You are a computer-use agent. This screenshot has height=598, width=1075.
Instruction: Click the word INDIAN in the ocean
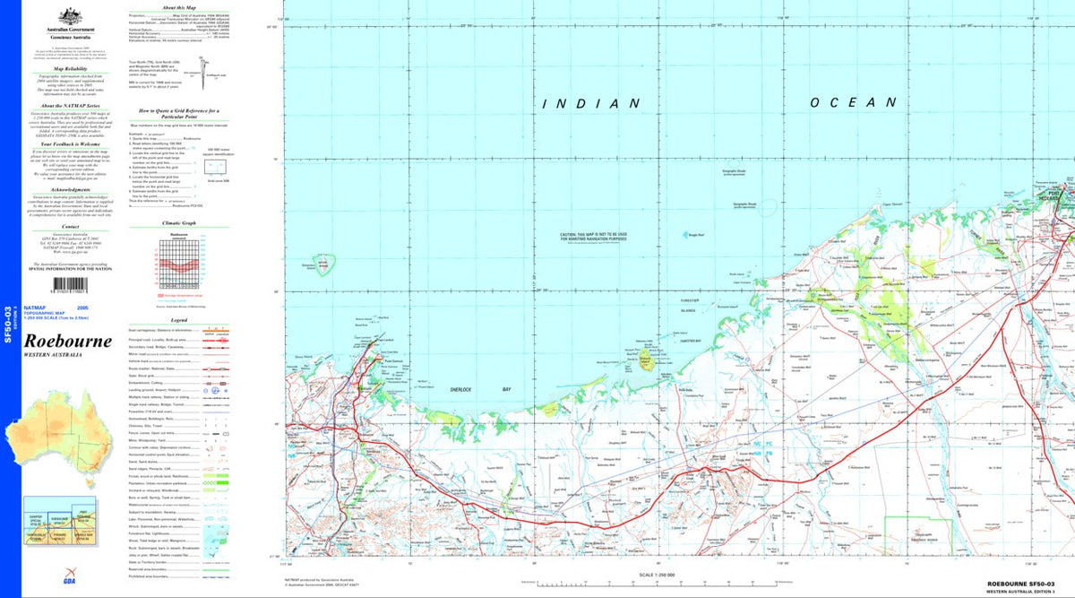click(x=591, y=104)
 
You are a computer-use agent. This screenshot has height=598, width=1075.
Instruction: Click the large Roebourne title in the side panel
click(x=68, y=342)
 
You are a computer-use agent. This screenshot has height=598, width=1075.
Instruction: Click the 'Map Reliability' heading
click(x=68, y=68)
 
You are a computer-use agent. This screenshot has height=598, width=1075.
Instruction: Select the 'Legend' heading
click(x=179, y=319)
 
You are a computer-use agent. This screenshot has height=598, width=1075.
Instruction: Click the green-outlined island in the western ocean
click(x=325, y=264)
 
